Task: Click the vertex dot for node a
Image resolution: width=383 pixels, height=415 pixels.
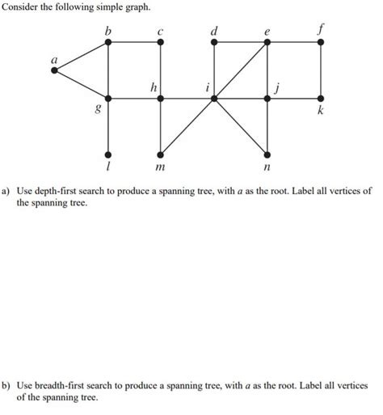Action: click(x=54, y=70)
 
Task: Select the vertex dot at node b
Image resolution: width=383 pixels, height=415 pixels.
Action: click(x=107, y=44)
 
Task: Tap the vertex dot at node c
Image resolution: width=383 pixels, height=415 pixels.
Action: click(x=161, y=44)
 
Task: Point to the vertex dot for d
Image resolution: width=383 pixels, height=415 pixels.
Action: click(x=214, y=44)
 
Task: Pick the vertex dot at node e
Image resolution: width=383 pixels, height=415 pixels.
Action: click(x=267, y=44)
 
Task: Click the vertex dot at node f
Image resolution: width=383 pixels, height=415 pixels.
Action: click(x=322, y=44)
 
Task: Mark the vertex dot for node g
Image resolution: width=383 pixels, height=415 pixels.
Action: click(x=107, y=98)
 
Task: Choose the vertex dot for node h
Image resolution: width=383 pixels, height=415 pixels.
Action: click(x=161, y=98)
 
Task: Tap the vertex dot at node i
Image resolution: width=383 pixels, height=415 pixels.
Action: click(x=214, y=98)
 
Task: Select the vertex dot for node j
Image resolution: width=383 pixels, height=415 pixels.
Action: click(x=267, y=98)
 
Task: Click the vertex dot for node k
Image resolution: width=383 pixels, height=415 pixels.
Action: click(x=322, y=98)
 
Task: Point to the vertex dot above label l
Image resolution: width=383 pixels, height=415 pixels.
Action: click(x=107, y=153)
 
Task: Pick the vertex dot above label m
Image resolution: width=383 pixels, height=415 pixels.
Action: click(x=161, y=153)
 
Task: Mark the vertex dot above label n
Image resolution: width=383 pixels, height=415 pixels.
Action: click(x=267, y=153)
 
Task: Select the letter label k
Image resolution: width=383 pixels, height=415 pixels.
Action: click(x=321, y=112)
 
